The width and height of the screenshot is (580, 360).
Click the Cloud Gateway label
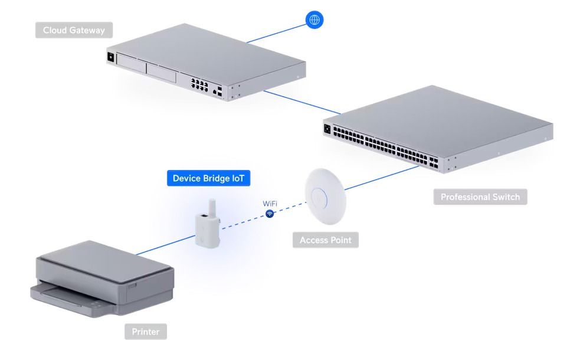click(x=74, y=30)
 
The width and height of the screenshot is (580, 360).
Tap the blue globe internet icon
click(x=314, y=19)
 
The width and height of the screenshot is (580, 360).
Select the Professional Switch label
click(x=480, y=197)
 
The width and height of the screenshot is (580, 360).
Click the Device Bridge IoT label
click(x=211, y=178)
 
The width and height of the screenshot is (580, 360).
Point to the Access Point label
click(x=325, y=240)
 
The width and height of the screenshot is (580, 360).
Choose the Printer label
click(x=145, y=332)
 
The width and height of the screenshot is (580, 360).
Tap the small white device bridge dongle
click(x=208, y=224)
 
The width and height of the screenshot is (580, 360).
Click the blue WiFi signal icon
click(x=270, y=214)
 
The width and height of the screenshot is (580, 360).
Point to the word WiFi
click(x=270, y=204)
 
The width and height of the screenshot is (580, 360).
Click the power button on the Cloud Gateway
click(x=110, y=57)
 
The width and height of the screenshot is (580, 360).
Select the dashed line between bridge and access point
click(x=248, y=221)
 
